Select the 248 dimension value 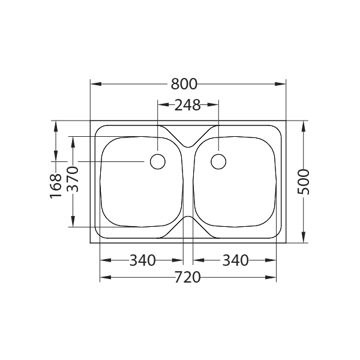coord(187,106)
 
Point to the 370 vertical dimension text coord(73,179)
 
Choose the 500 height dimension coord(304,181)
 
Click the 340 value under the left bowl coord(142,260)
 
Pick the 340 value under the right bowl coord(235,260)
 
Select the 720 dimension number coord(188,277)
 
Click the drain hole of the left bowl coord(157,161)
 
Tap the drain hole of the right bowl coord(218,161)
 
